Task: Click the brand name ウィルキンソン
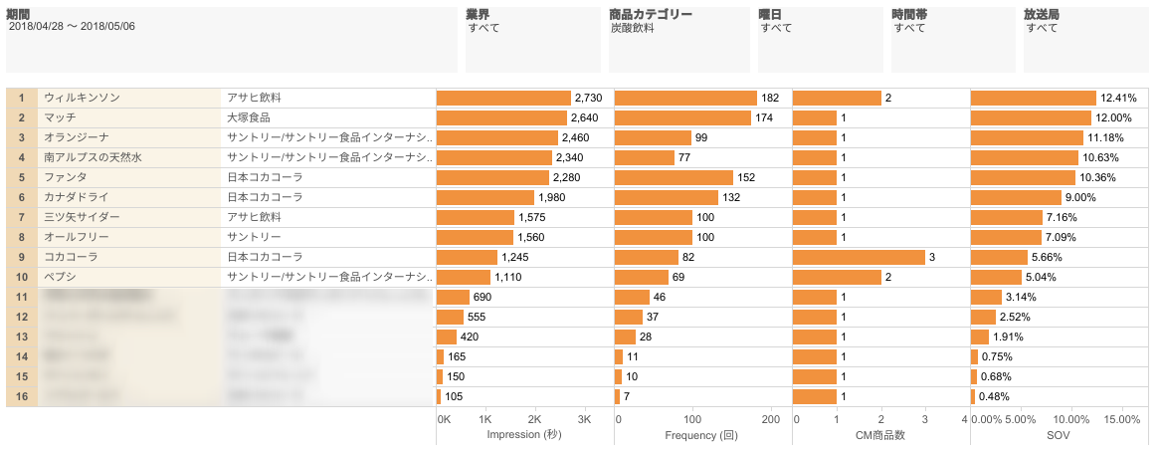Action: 83,98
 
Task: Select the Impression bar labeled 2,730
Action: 503,98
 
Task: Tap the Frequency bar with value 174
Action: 682,117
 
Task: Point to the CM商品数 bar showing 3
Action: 859,257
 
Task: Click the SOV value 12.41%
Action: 1118,98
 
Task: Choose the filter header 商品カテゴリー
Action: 650,14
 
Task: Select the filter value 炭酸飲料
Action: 632,28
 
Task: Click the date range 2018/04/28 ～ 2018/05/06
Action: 72,27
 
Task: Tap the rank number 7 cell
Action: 21,217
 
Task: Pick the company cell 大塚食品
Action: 248,117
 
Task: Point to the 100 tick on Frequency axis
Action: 692,420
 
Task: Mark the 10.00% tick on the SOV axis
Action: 1071,420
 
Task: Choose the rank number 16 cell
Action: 21,396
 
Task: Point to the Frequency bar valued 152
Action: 674,177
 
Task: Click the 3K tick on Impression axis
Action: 584,420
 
